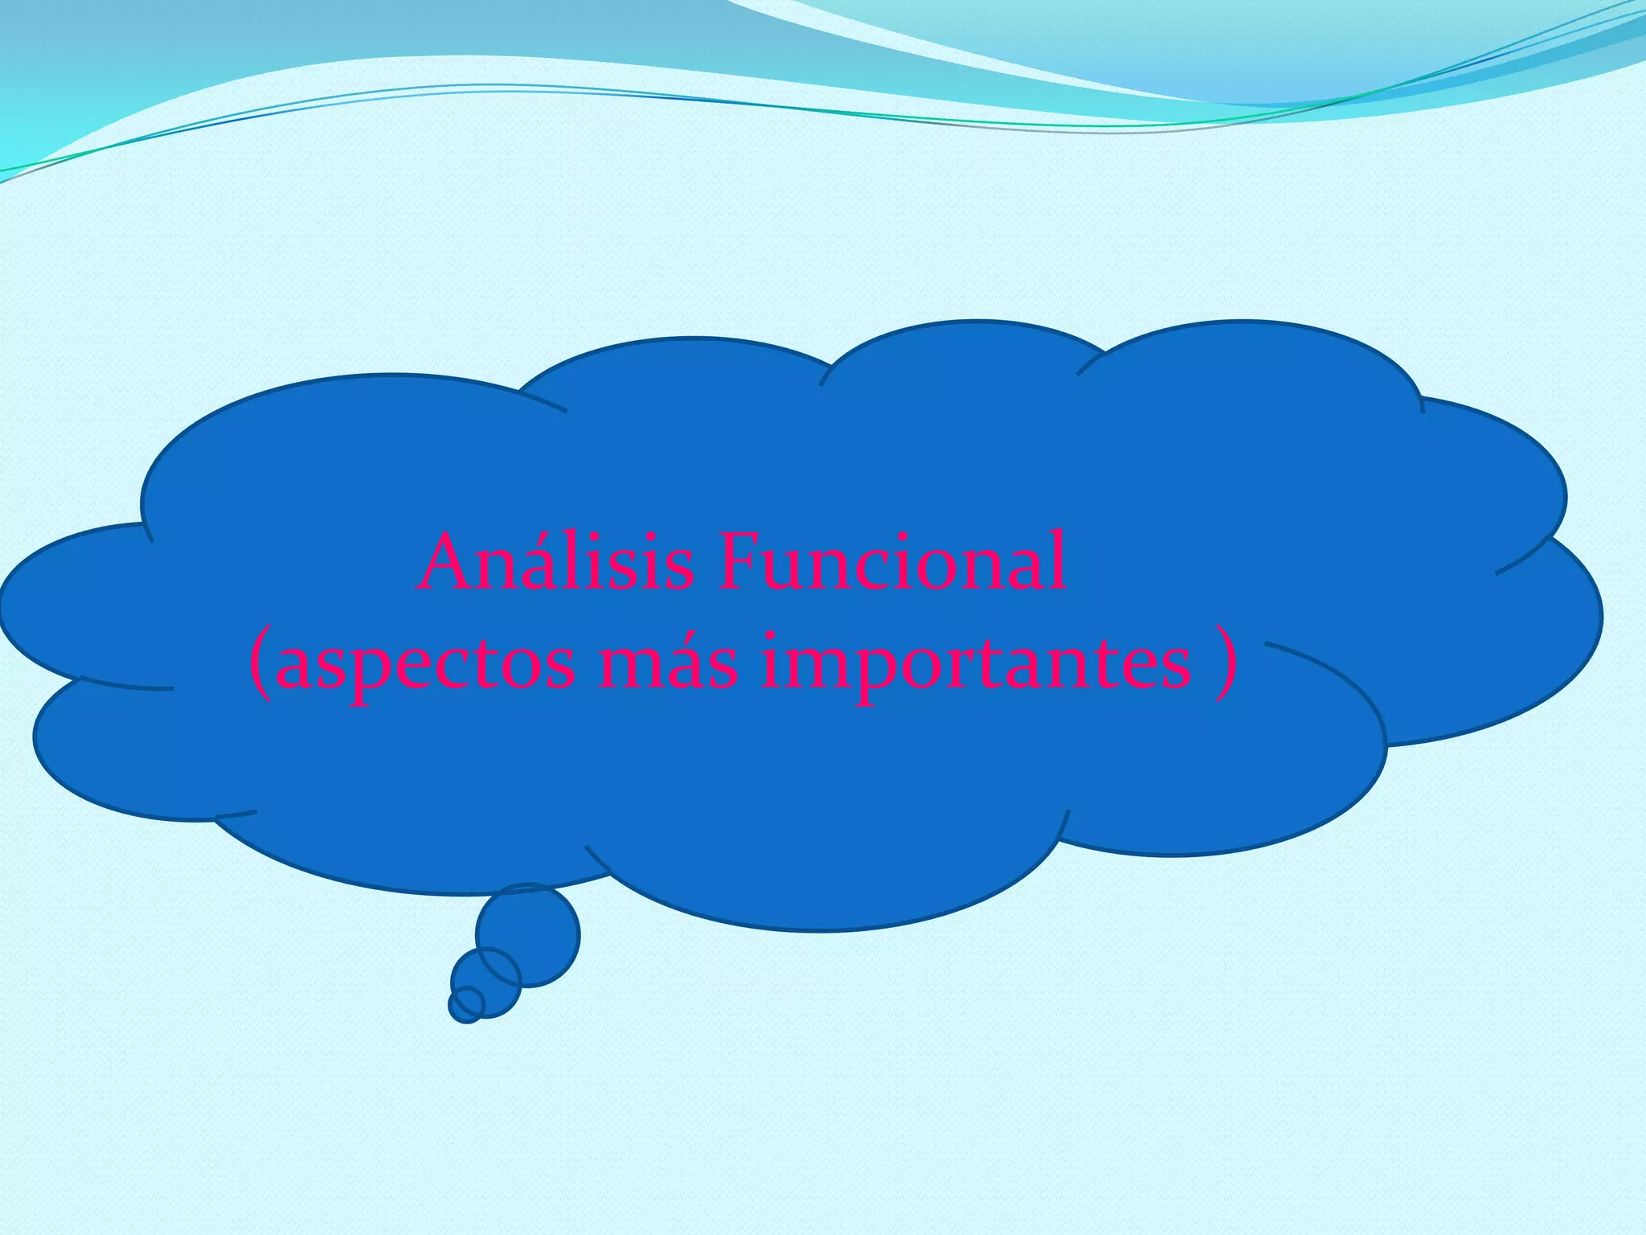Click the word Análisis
tap(555, 563)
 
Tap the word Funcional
tap(892, 563)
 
